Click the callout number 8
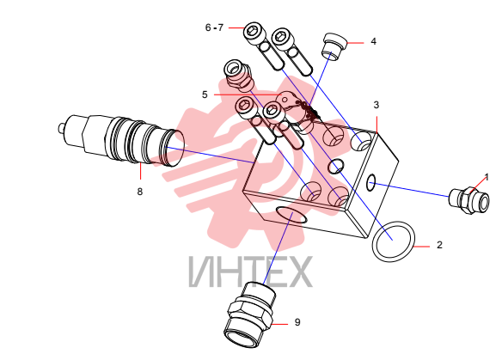139,192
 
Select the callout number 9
297,322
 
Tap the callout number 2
439,245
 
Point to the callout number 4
374,41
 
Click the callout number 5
205,95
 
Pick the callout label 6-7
214,27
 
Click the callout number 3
376,105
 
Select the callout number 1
487,177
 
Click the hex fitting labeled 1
469,201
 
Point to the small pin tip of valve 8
61,128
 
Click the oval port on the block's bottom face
291,215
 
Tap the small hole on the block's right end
370,183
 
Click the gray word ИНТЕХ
250,272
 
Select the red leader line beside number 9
279,325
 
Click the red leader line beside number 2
422,247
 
